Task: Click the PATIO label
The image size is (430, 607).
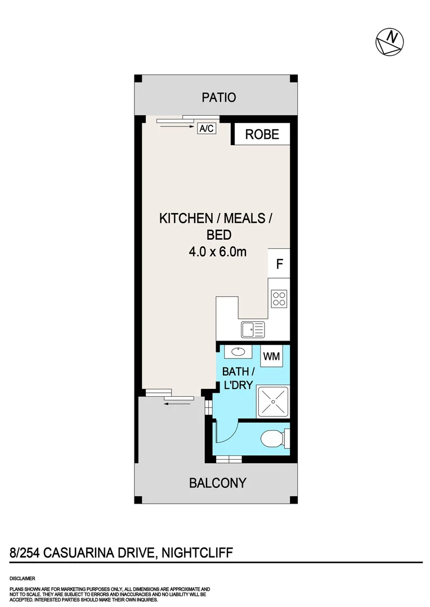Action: pos(219,97)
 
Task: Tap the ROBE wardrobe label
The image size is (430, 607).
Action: pos(262,134)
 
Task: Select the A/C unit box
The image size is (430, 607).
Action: pos(206,129)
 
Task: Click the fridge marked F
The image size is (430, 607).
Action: pos(279,262)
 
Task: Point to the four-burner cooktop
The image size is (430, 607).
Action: pos(279,298)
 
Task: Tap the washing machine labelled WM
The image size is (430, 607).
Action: pos(272,356)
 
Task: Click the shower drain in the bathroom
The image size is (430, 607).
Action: pos(273,403)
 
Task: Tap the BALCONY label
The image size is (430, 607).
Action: pos(218,482)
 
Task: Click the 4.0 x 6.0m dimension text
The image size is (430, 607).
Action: pos(218,252)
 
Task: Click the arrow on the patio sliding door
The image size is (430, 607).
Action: pos(176,127)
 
